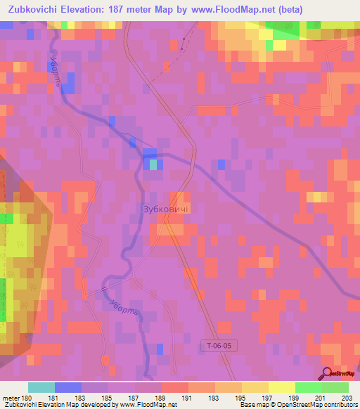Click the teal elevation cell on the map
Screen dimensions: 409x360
(x=154, y=164)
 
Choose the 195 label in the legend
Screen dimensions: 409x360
(x=241, y=398)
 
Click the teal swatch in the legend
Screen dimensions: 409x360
(x=41, y=387)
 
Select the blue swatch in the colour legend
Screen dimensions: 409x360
(x=68, y=387)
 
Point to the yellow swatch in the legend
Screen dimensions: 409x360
(x=281, y=387)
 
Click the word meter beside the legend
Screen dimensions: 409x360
(x=11, y=398)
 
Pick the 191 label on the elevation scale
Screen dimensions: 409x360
(x=188, y=398)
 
